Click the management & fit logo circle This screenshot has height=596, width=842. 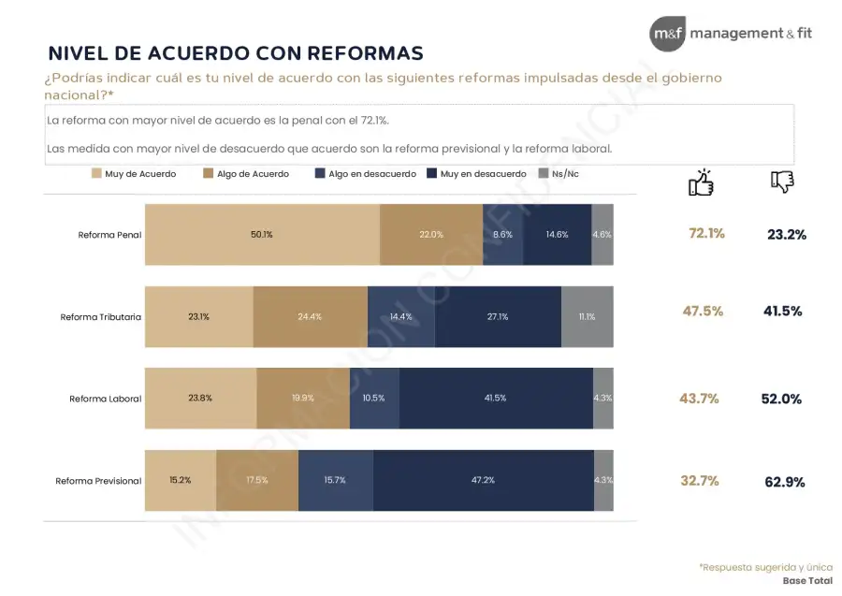coord(668,35)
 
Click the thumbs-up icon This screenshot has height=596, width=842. coord(701,182)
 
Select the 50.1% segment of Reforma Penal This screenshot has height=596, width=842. coord(262,235)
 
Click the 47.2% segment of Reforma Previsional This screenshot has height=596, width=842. coord(483,480)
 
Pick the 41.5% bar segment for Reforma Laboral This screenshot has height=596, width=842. coord(495,398)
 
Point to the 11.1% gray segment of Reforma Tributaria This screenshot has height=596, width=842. coord(587,316)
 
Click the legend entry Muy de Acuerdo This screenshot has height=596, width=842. coord(134,174)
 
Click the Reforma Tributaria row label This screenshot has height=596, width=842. coord(101,317)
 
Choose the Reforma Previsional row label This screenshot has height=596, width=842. coord(98,481)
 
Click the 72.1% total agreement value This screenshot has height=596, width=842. coord(706,233)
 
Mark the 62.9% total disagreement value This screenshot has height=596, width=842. coord(784,482)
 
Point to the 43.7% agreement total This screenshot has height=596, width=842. coord(699,399)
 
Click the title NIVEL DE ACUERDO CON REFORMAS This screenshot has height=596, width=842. coord(235,52)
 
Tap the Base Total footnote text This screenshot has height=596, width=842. coord(807,580)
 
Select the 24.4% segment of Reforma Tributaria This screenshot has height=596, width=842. coord(310,316)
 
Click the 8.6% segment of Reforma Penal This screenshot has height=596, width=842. coord(502,235)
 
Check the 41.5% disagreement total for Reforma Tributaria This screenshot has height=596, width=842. coord(782,312)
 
